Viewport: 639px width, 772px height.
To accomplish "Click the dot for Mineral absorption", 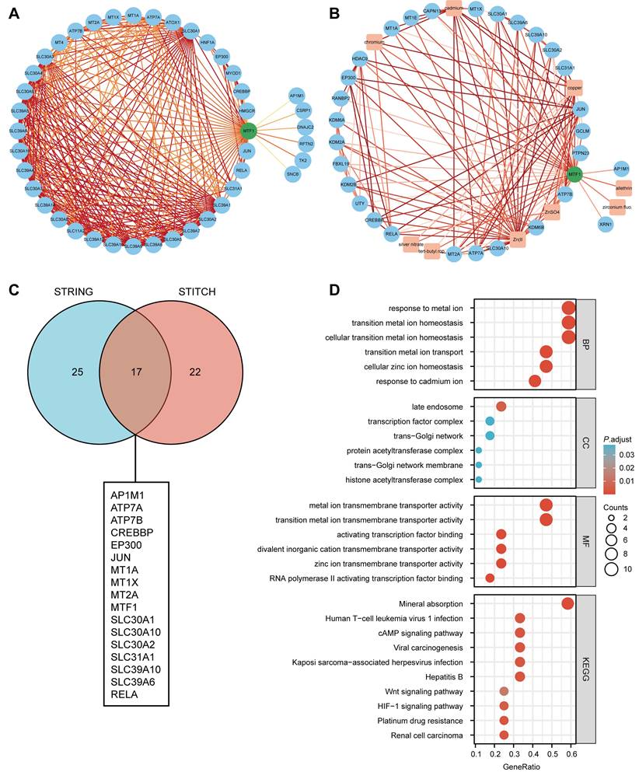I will pyautogui.click(x=567, y=603).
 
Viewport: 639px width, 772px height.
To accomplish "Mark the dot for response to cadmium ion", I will pyautogui.click(x=535, y=381).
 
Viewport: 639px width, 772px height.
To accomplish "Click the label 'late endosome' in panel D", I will pyautogui.click(x=438, y=407).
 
